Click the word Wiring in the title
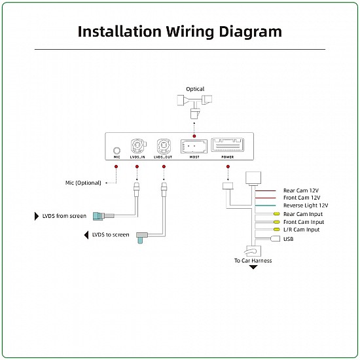[190, 32]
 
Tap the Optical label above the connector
[195, 89]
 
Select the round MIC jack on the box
[117, 151]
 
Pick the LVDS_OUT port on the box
[164, 146]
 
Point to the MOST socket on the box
[194, 146]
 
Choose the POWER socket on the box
[228, 145]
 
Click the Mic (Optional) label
[83, 183]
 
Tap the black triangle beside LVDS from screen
[37, 216]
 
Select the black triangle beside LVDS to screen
[86, 235]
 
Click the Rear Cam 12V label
[301, 190]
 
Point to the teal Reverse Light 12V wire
[265, 206]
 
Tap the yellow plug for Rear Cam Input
[277, 214]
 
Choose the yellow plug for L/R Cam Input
[277, 229]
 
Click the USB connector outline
[276, 239]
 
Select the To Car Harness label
[253, 261]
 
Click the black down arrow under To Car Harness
[253, 267]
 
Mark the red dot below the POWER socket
[228, 166]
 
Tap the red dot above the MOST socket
[194, 136]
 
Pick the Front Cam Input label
[304, 222]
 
